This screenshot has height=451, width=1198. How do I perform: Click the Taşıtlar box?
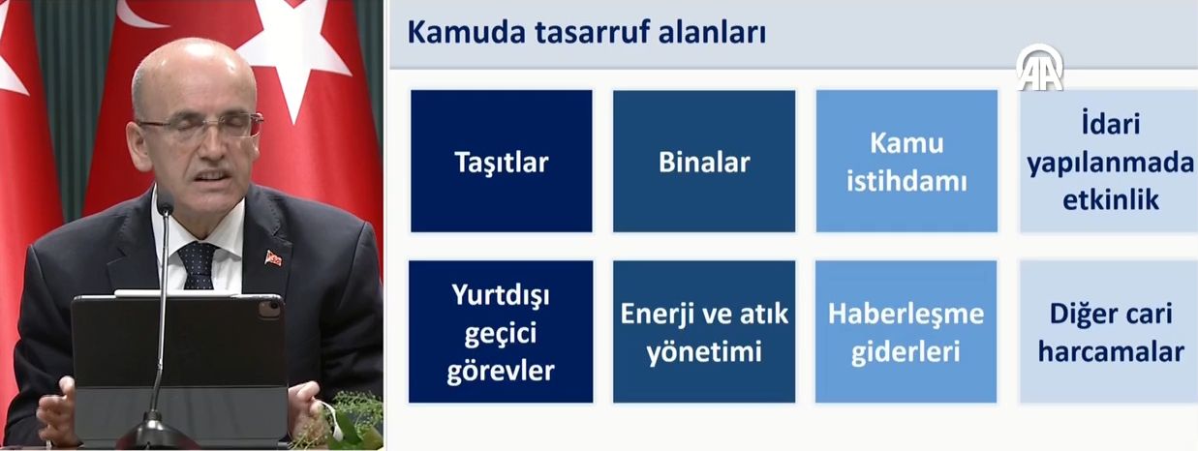coord(501,161)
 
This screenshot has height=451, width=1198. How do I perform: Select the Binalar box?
coord(704,161)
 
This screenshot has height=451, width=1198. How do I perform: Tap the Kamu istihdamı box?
coord(906,161)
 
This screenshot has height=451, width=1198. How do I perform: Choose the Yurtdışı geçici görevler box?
coord(501,331)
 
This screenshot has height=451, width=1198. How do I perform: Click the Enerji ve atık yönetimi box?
coord(704,331)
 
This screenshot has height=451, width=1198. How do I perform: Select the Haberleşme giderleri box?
coord(906,331)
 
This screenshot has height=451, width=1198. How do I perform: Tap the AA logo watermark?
coord(1039,68)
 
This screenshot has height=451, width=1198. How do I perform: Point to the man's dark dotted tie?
coord(198,264)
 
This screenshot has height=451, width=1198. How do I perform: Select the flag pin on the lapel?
coord(273,257)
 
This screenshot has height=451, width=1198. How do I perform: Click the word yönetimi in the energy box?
coord(704,349)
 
